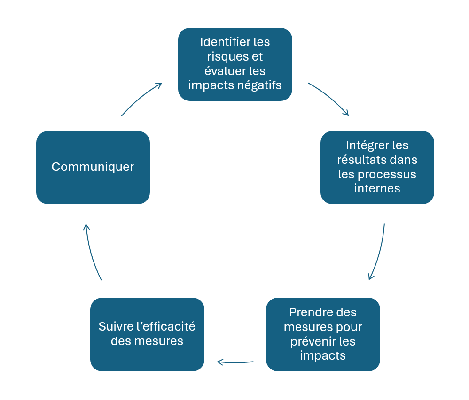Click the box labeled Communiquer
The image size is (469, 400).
click(x=93, y=167)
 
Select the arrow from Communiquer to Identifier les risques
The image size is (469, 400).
click(x=141, y=98)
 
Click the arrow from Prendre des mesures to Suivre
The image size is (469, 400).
click(x=235, y=362)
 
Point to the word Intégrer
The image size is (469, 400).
click(x=365, y=145)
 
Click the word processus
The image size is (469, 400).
click(x=387, y=174)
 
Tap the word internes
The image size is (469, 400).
click(x=377, y=189)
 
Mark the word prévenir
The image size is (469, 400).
click(x=312, y=341)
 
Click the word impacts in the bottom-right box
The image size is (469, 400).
click(x=323, y=356)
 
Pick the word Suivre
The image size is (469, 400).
click(x=114, y=327)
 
